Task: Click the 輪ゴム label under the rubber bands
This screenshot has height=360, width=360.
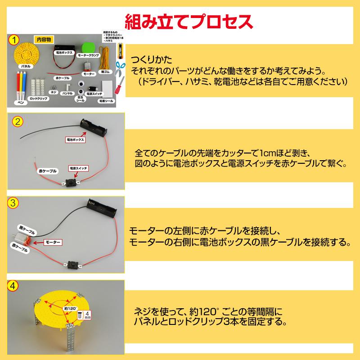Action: coord(106,71)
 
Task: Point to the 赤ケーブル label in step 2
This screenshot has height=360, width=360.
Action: coord(46,171)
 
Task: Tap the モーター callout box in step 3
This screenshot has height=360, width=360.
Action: coord(54,242)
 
